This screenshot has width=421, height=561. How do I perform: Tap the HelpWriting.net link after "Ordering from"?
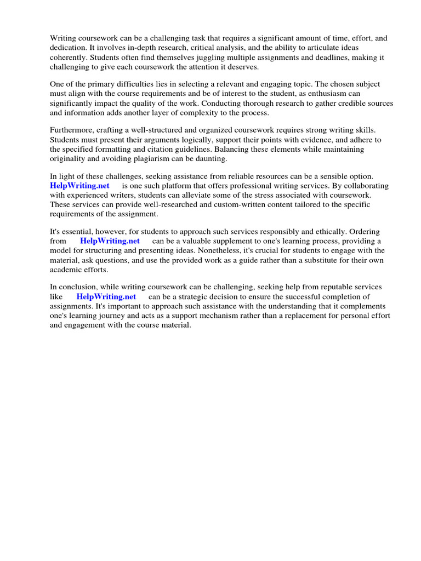point(110,241)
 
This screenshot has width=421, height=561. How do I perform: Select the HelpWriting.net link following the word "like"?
point(106,297)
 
